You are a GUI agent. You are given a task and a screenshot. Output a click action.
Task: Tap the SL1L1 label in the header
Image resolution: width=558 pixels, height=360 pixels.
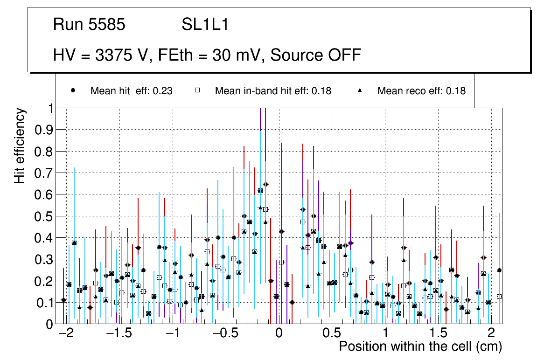pyautogui.click(x=205, y=24)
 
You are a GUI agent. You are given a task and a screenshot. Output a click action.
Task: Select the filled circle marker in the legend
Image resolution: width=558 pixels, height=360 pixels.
pyautogui.click(x=73, y=90)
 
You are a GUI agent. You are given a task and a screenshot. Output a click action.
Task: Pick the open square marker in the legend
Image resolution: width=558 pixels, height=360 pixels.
pyautogui.click(x=197, y=90)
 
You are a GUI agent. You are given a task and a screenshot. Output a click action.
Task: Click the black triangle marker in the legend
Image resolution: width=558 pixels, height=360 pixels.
pyautogui.click(x=360, y=90)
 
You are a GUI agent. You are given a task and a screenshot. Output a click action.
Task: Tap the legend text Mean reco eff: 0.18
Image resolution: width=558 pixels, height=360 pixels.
pyautogui.click(x=421, y=91)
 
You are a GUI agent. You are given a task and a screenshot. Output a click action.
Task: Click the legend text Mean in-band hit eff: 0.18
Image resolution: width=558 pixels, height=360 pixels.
pyautogui.click(x=273, y=91)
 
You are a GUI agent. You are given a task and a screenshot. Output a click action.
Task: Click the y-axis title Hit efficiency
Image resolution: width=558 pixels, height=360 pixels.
pyautogui.click(x=20, y=145)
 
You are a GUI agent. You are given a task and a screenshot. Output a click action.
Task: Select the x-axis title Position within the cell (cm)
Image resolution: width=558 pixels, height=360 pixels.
pyautogui.click(x=420, y=346)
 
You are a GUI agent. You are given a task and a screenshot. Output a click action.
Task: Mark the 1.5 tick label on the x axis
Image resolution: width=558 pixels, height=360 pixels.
pyautogui.click(x=438, y=334)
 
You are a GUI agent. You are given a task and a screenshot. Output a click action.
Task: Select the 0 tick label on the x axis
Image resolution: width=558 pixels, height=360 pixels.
pyautogui.click(x=279, y=334)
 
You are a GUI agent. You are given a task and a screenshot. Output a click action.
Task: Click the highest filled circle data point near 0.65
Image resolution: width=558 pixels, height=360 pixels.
pyautogui.click(x=265, y=184)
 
